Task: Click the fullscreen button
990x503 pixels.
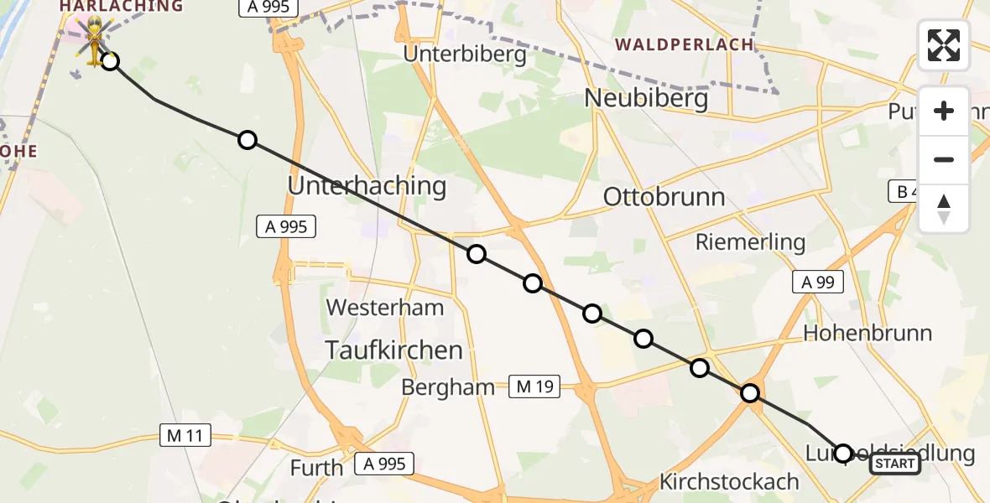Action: tap(944, 45)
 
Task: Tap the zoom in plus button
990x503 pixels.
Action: tap(944, 111)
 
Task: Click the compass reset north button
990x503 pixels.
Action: tap(944, 209)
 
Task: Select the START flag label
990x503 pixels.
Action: tap(895, 464)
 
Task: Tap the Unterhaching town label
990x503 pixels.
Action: tap(367, 185)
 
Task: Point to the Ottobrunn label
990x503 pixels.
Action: tap(664, 197)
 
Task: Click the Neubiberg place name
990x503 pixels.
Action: tap(646, 98)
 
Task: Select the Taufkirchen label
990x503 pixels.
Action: tap(393, 350)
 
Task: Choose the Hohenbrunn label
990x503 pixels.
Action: tap(868, 333)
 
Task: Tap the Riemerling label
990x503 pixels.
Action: tap(750, 242)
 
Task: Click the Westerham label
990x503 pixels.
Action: tap(385, 307)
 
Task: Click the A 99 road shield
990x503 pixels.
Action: tap(817, 283)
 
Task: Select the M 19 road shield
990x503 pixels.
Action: tap(534, 386)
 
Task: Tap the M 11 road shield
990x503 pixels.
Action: tap(185, 435)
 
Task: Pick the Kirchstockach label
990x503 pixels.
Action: tap(729, 482)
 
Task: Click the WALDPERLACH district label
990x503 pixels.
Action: tap(684, 44)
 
